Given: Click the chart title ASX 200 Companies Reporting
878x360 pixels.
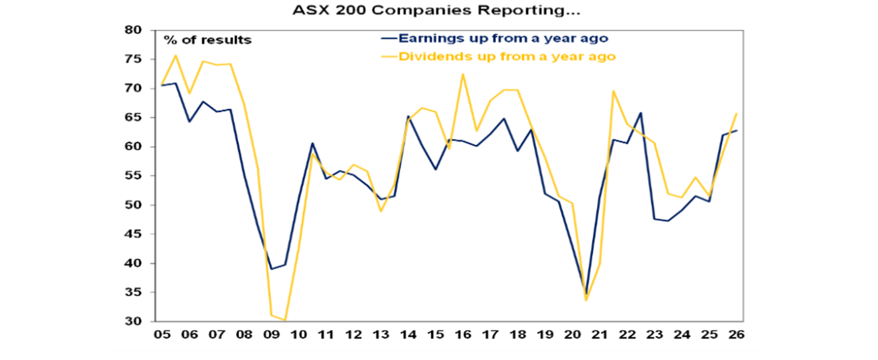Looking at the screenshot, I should tap(438, 11).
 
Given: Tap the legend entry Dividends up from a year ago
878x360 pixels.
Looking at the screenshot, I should tap(506, 57).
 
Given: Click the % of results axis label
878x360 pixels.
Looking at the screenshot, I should tap(207, 40).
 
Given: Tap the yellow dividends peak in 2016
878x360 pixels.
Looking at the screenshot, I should tap(463, 74).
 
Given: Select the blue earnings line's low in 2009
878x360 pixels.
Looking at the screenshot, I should tap(271, 269).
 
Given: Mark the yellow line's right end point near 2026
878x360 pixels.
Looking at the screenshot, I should tap(736, 113).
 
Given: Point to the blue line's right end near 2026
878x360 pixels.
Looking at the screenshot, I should tap(736, 130).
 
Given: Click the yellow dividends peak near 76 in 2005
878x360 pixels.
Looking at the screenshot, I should tap(175, 55).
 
